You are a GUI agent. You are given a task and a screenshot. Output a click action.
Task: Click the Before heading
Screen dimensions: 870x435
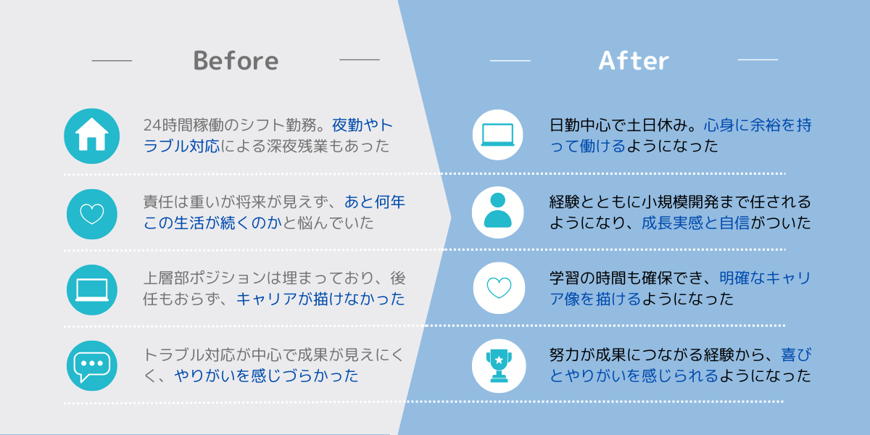(236, 61)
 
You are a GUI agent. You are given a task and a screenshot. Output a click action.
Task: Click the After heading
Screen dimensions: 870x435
(634, 61)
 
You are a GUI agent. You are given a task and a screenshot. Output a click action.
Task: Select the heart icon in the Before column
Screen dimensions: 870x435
(92, 214)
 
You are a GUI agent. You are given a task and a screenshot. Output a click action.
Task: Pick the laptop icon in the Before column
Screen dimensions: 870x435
(92, 290)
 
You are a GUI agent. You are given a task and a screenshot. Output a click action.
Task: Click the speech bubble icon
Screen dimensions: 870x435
(92, 366)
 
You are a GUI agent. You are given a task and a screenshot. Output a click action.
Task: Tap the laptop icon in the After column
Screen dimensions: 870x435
(497, 135)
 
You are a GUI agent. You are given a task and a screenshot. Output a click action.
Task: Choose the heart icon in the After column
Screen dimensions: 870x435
(499, 288)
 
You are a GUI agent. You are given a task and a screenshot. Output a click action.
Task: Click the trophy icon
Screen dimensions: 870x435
(499, 365)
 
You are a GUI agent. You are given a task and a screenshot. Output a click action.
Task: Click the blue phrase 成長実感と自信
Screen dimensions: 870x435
(695, 223)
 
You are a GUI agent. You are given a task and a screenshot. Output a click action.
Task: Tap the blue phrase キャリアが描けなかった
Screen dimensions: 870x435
(320, 299)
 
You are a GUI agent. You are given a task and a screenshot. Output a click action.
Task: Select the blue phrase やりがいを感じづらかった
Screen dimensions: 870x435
(266, 376)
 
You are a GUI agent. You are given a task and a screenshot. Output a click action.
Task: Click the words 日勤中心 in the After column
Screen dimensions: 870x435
(580, 125)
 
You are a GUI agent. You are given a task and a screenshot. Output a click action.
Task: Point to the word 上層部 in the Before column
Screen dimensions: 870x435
(166, 278)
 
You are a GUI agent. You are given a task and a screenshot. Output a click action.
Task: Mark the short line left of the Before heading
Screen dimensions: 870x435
(112, 61)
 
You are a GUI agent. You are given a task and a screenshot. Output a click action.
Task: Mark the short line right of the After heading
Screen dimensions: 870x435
(758, 59)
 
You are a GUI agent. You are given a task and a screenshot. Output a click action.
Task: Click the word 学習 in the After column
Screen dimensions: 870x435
(565, 278)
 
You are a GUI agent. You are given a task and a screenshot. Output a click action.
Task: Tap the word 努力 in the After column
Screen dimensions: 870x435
(565, 355)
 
